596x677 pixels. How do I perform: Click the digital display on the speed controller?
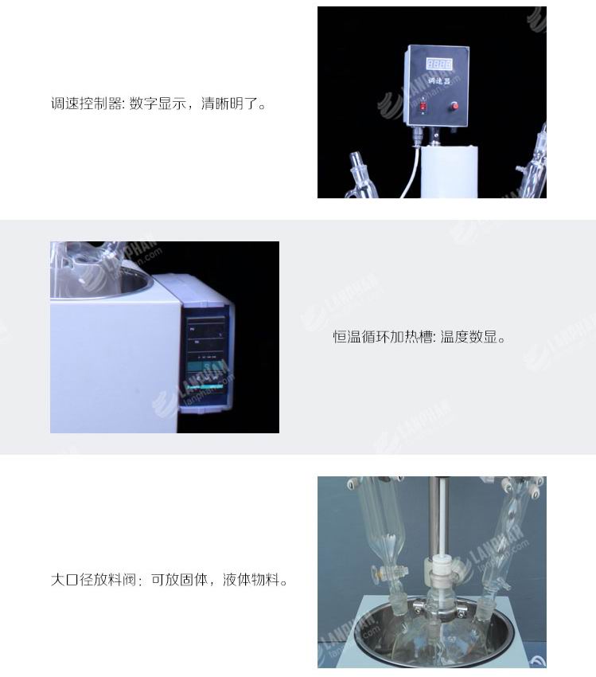439,64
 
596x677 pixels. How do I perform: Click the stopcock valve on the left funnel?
384,571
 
